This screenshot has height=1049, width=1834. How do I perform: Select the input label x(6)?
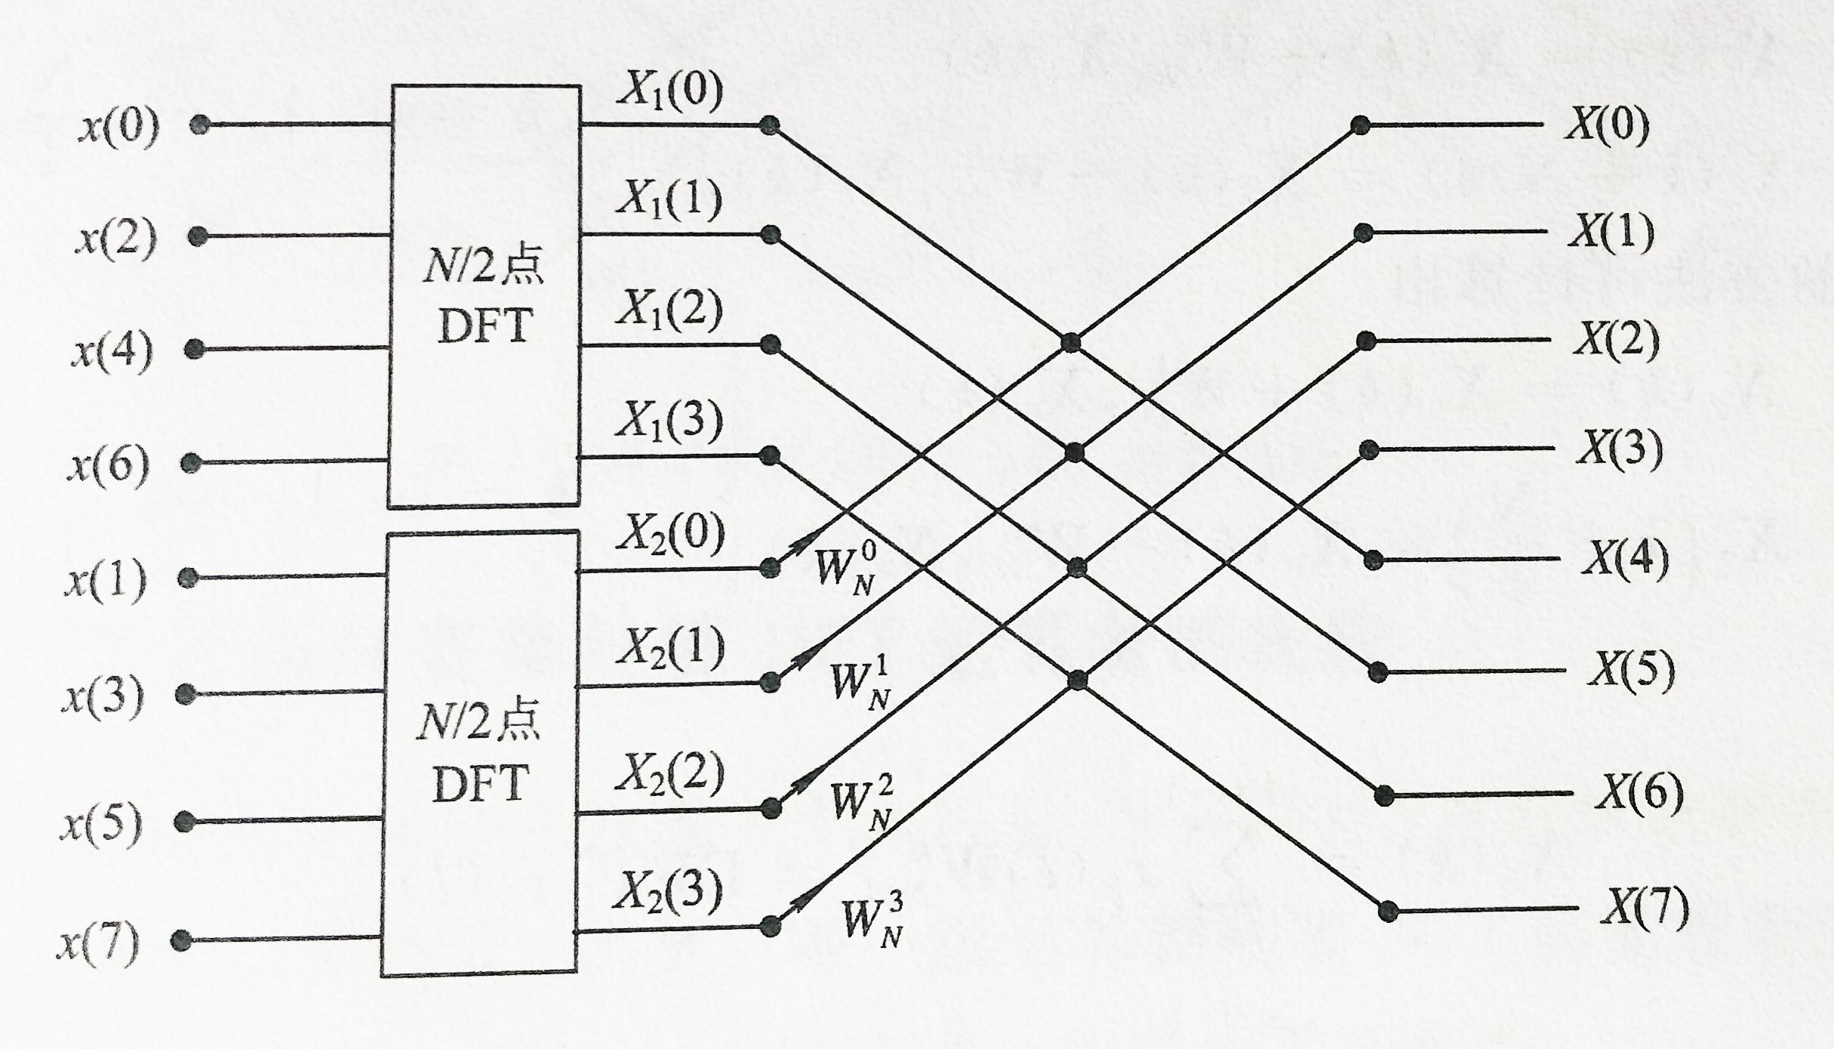109,465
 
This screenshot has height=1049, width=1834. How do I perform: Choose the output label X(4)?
1625,559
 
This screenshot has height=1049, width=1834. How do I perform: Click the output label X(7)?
1645,908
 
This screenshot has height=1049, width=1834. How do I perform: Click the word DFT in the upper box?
485,326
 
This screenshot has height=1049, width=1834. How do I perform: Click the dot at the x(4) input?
195,349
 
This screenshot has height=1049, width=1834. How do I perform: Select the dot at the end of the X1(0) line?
768,125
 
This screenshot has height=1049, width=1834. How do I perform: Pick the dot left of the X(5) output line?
1378,671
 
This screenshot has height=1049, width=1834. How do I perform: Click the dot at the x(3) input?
185,694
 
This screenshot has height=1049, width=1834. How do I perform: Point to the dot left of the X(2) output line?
1365,341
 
